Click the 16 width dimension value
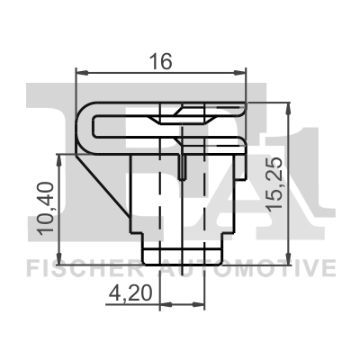161,61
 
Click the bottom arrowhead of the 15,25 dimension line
289,254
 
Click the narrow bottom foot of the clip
184,247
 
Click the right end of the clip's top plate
243,106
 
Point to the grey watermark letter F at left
49,126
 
